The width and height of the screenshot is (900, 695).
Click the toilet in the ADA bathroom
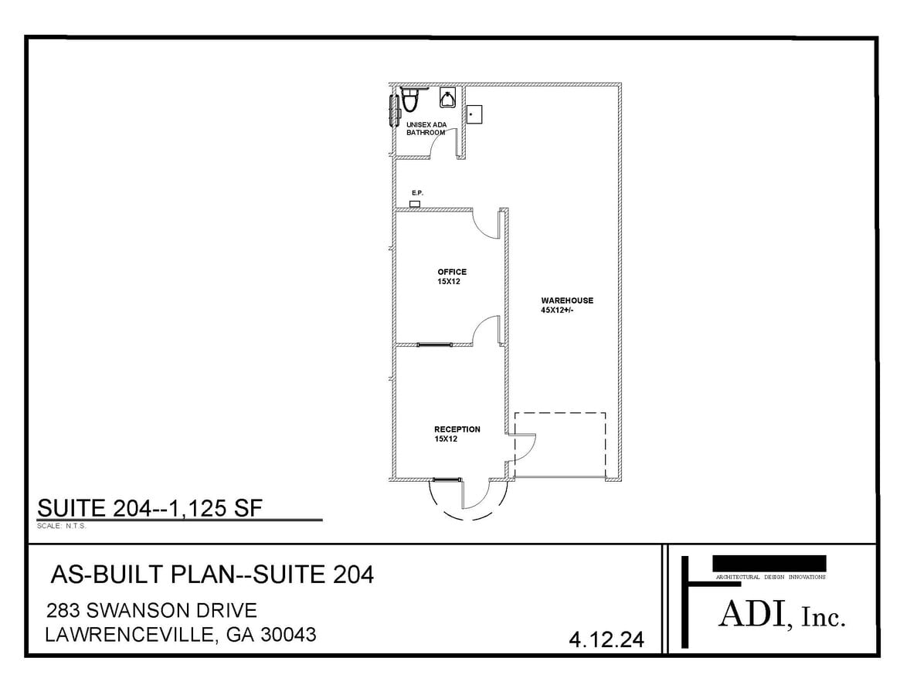[409, 100]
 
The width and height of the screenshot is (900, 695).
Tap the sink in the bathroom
[448, 98]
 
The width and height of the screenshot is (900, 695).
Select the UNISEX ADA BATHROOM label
[426, 128]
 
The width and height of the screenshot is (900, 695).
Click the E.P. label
[417, 193]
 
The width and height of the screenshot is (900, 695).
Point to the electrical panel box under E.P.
[414, 204]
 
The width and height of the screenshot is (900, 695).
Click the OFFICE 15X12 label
[452, 276]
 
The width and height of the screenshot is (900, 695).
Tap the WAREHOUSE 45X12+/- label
[567, 305]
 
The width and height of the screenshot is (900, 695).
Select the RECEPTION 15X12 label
[457, 434]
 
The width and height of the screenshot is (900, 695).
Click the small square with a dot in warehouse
[474, 114]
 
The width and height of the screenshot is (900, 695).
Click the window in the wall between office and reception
[434, 344]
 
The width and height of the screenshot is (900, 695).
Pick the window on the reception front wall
[447, 480]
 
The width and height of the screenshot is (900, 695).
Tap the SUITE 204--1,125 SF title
[150, 508]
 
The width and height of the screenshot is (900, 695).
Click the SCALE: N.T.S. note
[61, 526]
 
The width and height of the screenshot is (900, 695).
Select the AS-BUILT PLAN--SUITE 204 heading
[212, 574]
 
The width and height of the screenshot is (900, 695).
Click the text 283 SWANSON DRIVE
[151, 610]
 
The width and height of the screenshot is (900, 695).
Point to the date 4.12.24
[606, 639]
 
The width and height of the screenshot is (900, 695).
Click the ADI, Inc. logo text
[782, 615]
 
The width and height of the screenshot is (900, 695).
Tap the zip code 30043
[289, 634]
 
